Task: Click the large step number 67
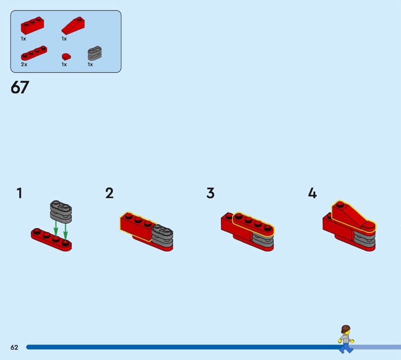tap(20, 87)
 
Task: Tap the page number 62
tap(15, 347)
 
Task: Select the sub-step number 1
tap(20, 193)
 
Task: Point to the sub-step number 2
tap(109, 193)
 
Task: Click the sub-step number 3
tap(211, 193)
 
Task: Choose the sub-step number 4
tap(312, 193)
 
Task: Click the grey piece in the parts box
tap(95, 53)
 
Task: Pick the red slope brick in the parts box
tap(73, 26)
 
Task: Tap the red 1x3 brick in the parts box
tap(33, 26)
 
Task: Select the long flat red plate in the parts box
tap(34, 53)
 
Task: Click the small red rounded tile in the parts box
tap(66, 57)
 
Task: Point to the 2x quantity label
tap(24, 65)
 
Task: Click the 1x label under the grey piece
tap(90, 65)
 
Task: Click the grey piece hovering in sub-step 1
tap(61, 212)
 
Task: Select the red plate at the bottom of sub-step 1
tap(52, 240)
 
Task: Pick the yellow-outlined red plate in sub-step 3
tap(254, 224)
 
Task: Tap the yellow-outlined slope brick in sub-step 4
tap(353, 217)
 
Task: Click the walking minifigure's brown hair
tap(345, 329)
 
